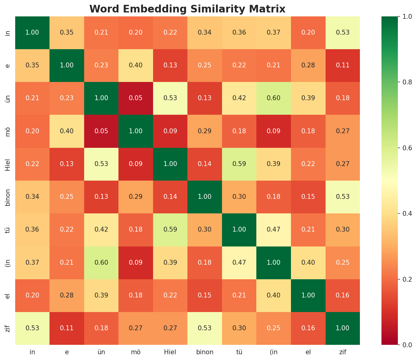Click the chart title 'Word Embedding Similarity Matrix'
[x=187, y=9]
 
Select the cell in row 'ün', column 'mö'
[x=136, y=98]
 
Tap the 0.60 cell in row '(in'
[x=101, y=263]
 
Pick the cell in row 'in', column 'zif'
[x=343, y=32]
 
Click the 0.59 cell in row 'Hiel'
[x=239, y=164]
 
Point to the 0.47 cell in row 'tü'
[x=274, y=229]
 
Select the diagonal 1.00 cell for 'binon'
[x=205, y=197]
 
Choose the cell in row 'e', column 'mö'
[x=136, y=65]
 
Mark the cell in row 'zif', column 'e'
[x=67, y=328]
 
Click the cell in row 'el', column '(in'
[x=274, y=295]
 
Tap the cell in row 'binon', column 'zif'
[x=343, y=197]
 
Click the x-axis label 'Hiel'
[x=170, y=352]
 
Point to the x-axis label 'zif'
[x=343, y=352]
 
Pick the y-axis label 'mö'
[x=8, y=131]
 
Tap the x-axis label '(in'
[x=274, y=352]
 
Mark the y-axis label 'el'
[x=8, y=295]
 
